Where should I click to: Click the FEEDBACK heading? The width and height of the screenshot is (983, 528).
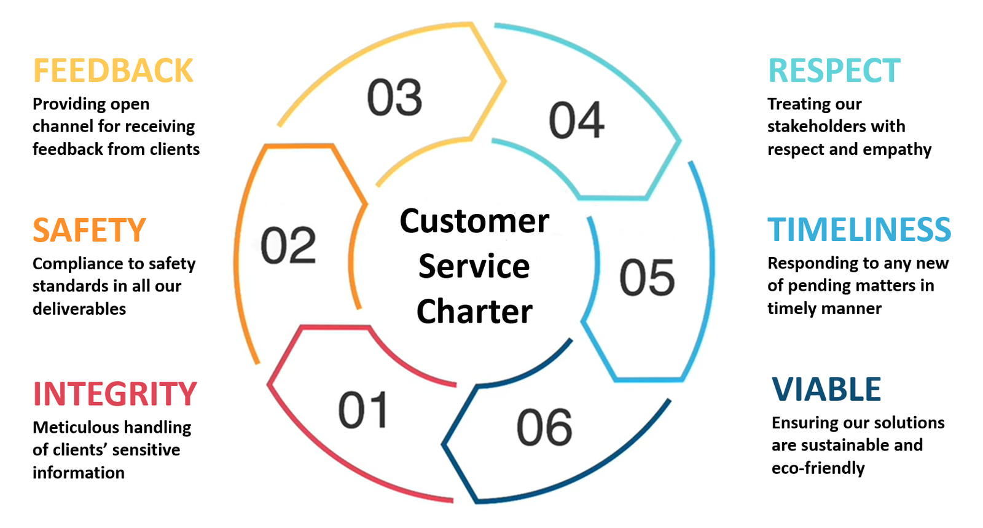point(113,71)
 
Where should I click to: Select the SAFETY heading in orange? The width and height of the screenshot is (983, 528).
point(89,231)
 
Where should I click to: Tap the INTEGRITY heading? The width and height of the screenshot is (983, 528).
point(115,394)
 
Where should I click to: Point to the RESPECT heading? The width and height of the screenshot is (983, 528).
point(834,71)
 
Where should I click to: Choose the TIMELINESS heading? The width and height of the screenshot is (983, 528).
point(859,230)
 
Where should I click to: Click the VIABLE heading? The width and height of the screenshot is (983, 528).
point(826,390)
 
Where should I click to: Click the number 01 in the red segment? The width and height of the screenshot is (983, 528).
point(363,411)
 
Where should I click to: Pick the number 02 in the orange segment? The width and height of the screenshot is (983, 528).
point(288,246)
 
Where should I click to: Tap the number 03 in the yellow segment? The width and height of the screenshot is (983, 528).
point(394,98)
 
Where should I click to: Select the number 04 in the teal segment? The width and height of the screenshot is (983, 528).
point(576,120)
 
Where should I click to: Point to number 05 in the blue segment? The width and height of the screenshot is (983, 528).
point(647,278)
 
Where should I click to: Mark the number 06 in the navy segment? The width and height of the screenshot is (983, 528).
point(544,428)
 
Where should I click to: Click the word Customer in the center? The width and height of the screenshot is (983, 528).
point(474,221)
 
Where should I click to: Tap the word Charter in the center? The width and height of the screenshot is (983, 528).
point(474,312)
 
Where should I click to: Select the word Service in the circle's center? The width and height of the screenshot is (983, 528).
point(474,267)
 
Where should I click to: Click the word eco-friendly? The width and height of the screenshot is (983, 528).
point(818,468)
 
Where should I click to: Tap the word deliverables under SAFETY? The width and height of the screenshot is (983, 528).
point(79,309)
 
